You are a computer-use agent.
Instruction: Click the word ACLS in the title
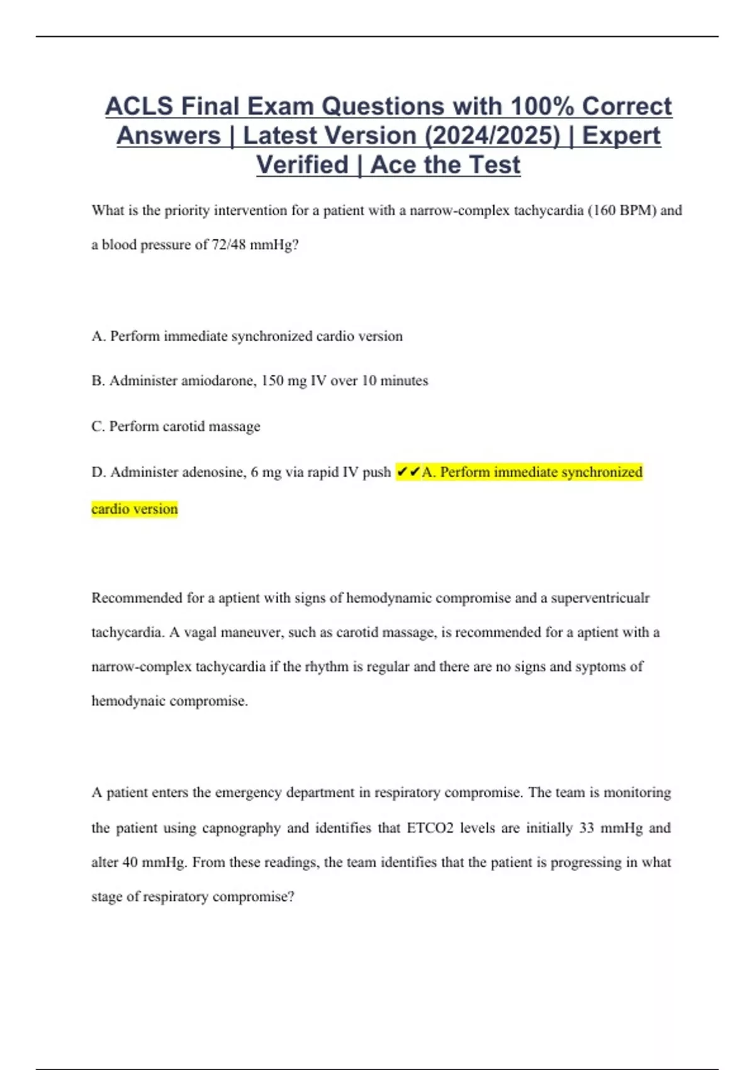(x=138, y=106)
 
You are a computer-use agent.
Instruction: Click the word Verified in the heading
(x=302, y=165)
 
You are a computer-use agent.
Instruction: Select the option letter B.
(x=98, y=381)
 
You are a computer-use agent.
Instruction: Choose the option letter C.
(x=98, y=427)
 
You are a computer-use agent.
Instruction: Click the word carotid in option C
(x=183, y=427)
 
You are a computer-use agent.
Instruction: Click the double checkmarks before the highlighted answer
(x=408, y=472)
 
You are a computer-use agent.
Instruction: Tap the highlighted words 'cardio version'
(x=135, y=509)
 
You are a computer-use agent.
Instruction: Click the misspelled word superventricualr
(x=600, y=598)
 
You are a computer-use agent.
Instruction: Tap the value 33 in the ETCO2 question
(x=586, y=828)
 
